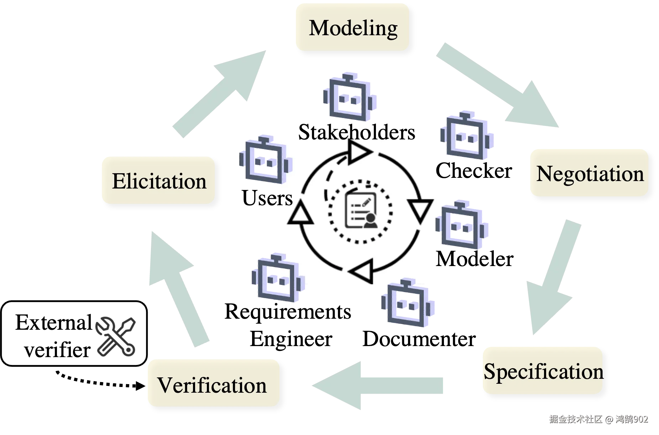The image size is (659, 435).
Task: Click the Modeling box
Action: pos(352,27)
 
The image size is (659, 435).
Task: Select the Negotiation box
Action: pos(589,173)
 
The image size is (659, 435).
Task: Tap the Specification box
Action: pos(542,371)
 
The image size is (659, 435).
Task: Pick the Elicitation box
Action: pos(158,181)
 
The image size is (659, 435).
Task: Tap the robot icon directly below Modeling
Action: pos(350,97)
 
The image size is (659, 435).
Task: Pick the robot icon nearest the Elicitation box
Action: pos(266,160)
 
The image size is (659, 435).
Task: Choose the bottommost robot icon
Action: pos(407,304)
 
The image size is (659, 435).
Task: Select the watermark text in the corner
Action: pos(598,419)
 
